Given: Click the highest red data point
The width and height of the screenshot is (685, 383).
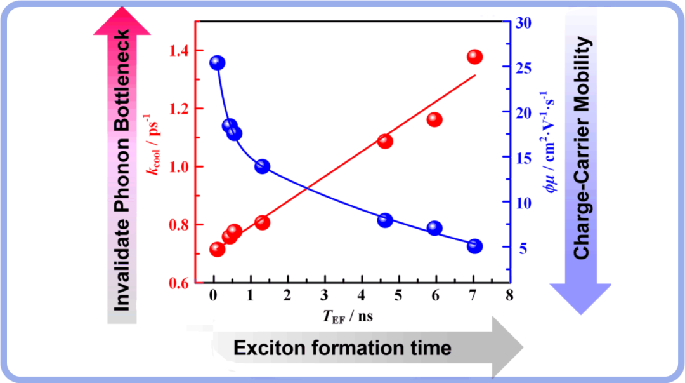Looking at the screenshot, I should click(474, 57).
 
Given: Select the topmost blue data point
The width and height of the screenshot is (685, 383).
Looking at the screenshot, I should click(217, 63).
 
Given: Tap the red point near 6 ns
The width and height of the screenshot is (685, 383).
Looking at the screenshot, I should click(434, 120).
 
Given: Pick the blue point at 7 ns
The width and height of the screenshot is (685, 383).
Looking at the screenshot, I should click(474, 246).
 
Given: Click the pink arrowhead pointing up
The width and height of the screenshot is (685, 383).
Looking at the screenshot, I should click(123, 21).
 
